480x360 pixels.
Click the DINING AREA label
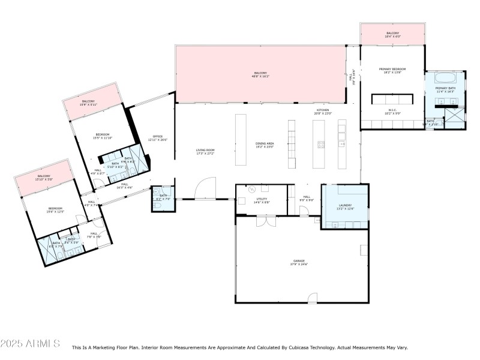pyautogui.click(x=265, y=143)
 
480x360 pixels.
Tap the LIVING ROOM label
pyautogui.click(x=205, y=150)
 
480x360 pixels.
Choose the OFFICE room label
pyautogui.click(x=158, y=136)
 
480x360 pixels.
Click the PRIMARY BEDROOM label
pyautogui.click(x=392, y=69)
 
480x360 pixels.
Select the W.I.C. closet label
pyautogui.click(x=392, y=110)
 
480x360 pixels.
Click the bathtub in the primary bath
pyautogui.click(x=445, y=77)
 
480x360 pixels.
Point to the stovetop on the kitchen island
pyautogui.click(x=320, y=143)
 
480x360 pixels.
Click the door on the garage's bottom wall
pyautogui.click(x=312, y=298)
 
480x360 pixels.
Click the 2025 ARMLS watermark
pyautogui.click(x=30, y=344)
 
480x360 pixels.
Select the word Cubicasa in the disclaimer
pyautogui.click(x=307, y=347)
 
